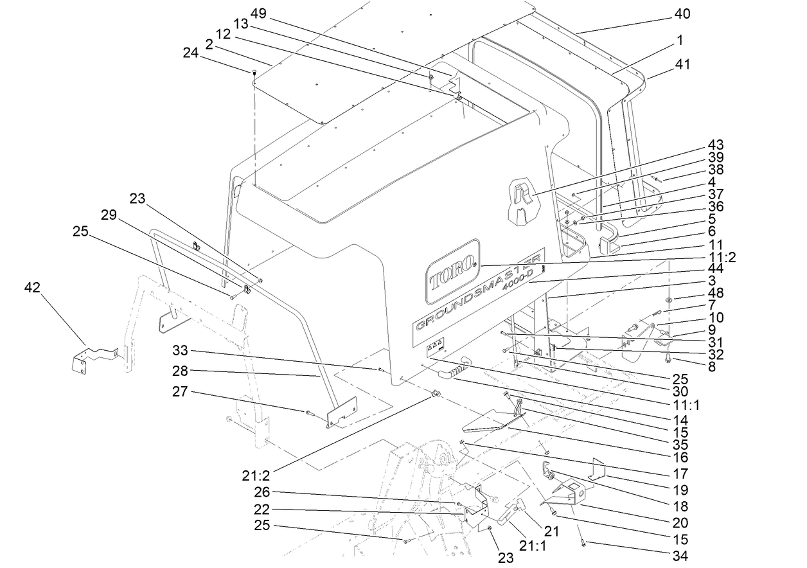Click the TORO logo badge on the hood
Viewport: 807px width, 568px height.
452,271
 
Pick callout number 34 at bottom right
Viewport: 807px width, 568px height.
680,555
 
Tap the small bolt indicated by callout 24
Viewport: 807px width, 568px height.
254,72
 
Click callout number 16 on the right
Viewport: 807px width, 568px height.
680,457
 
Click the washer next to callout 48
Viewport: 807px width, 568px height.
670,299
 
